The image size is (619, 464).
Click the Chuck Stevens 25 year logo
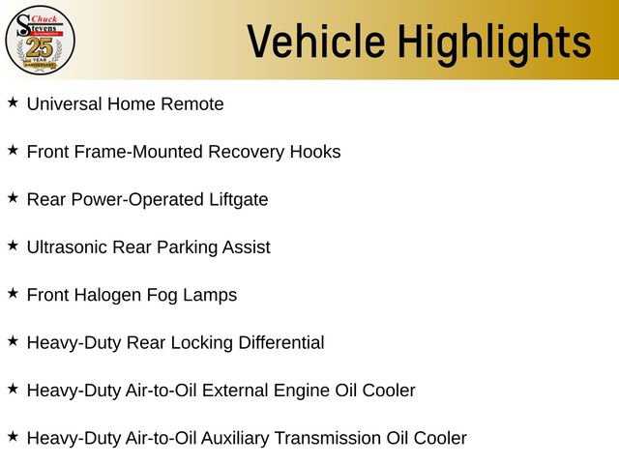point(40,40)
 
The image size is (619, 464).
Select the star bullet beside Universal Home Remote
point(13,101)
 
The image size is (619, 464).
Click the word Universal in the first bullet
point(64,103)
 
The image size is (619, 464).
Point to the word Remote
point(194,103)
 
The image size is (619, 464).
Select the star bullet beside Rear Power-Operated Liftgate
point(13,197)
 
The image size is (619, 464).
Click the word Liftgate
point(235,200)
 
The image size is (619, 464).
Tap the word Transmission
point(325,438)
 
